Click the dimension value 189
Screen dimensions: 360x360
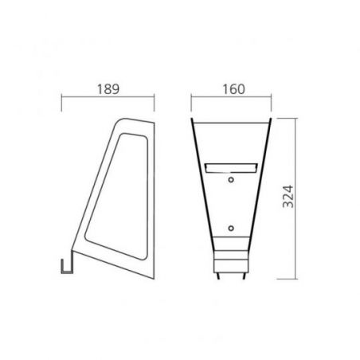(x=108, y=89)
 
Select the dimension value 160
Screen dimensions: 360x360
(x=233, y=89)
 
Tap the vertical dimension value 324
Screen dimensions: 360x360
(x=288, y=197)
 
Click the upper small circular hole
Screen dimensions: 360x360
(x=231, y=180)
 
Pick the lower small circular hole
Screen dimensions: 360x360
(x=231, y=228)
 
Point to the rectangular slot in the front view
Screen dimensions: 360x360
(x=231, y=168)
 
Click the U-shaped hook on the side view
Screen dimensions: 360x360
(x=67, y=265)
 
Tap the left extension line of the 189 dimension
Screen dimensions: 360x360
(x=61, y=103)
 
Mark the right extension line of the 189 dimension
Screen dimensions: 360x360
(x=155, y=103)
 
